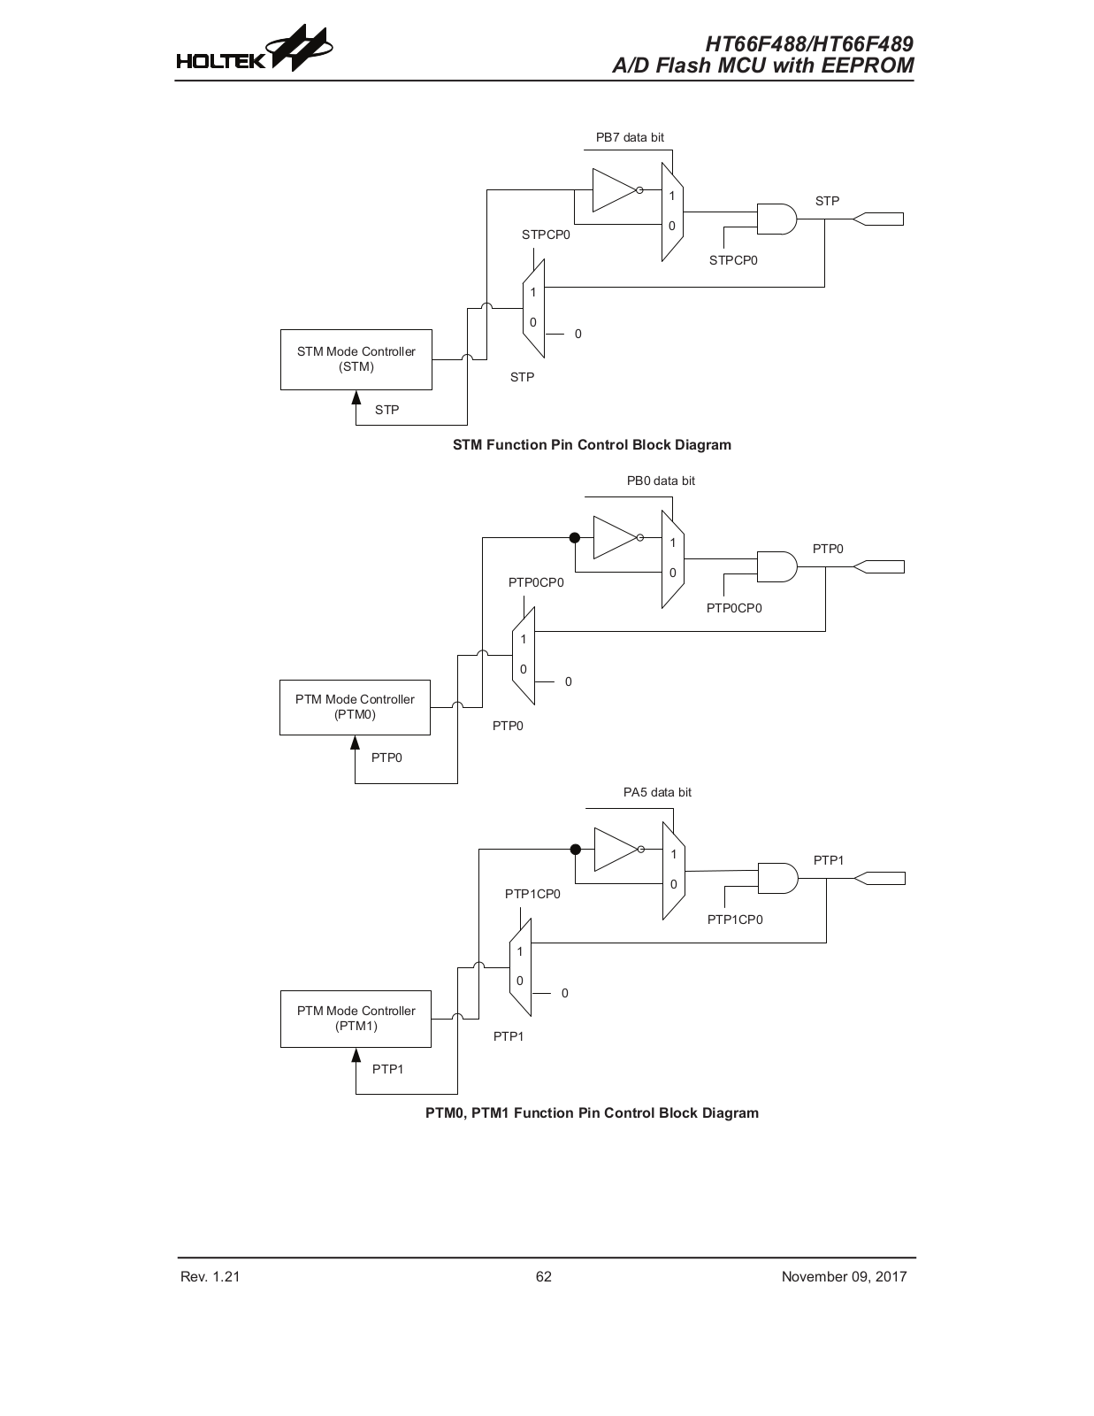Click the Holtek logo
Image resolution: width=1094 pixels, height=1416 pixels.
(x=254, y=49)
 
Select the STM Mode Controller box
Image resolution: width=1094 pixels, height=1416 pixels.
(x=356, y=359)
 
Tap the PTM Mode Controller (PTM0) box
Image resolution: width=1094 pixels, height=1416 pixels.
(x=355, y=708)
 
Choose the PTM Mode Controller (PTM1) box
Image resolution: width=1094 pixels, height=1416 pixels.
(x=356, y=1020)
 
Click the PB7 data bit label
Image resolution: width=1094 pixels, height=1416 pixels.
(x=630, y=137)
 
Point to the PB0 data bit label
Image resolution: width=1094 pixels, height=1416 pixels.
(x=661, y=481)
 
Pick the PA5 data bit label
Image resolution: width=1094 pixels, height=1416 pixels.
(x=657, y=792)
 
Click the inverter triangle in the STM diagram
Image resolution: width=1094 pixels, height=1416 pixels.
(x=614, y=190)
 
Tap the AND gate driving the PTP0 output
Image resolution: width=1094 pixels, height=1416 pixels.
(x=777, y=567)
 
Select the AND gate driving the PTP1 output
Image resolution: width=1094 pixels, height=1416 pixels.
(x=778, y=879)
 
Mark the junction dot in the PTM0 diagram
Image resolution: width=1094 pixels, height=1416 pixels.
(x=574, y=537)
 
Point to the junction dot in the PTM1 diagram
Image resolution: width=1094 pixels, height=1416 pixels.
(x=575, y=849)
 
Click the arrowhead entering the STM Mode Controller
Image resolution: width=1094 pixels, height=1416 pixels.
(x=356, y=396)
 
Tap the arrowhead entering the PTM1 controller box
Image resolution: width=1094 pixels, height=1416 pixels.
(x=356, y=1054)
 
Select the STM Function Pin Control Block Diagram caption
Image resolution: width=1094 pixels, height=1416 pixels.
(x=592, y=445)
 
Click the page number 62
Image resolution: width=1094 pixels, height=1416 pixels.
(x=544, y=1276)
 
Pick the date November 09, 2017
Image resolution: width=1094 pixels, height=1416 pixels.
(x=844, y=1276)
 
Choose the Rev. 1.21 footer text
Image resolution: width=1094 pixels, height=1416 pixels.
(x=210, y=1276)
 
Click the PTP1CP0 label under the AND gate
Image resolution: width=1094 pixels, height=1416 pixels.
(x=735, y=920)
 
